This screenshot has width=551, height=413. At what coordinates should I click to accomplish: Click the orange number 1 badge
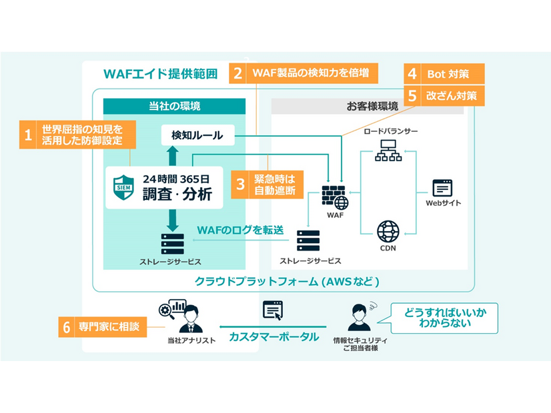28,135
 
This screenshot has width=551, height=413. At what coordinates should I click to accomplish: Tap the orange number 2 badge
237,73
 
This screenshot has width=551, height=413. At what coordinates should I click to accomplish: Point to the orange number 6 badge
66,327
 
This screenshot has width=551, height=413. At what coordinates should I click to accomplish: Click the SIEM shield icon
124,187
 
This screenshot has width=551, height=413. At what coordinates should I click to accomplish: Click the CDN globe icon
388,232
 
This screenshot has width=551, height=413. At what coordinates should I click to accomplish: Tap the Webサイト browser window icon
442,188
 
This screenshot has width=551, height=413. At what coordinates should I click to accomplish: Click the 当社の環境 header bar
174,106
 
